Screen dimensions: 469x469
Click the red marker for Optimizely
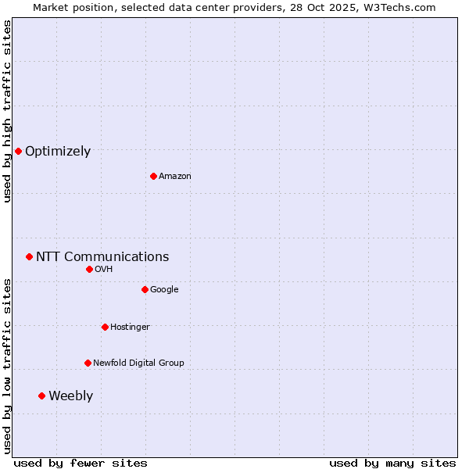(x=18, y=151)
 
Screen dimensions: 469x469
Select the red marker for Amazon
(x=153, y=176)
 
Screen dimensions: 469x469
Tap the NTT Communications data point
(x=29, y=256)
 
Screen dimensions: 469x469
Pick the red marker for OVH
(x=89, y=269)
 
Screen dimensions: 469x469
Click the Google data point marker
(x=145, y=289)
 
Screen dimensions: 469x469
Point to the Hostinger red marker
(x=105, y=327)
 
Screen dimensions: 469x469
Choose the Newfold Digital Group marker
(x=88, y=363)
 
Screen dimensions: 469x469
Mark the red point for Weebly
(x=41, y=396)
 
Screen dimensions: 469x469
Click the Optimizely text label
(x=58, y=152)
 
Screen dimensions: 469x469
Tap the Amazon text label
(x=175, y=177)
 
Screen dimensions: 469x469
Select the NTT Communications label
(x=102, y=257)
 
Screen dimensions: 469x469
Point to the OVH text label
(x=104, y=270)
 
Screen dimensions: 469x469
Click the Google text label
(x=164, y=290)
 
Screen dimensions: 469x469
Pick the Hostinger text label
(x=130, y=328)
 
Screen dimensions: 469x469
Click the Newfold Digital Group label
(x=138, y=363)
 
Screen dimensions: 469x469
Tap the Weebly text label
(x=70, y=396)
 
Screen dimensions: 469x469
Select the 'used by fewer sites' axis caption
(x=81, y=463)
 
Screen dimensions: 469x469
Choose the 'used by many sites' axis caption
(x=392, y=463)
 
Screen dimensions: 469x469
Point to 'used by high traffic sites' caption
(x=8, y=111)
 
